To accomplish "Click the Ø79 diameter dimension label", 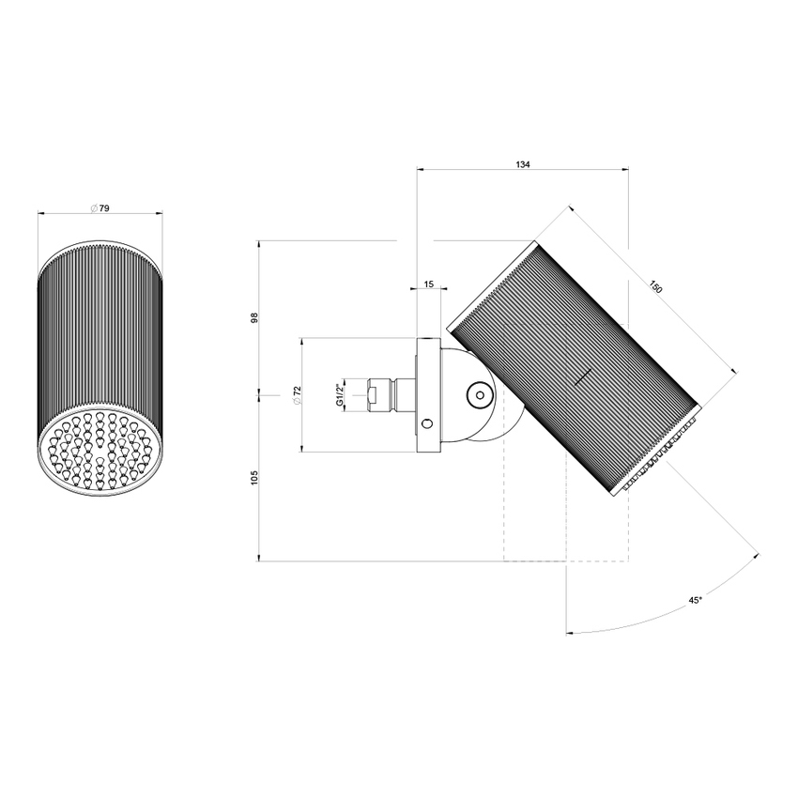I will click(x=100, y=208).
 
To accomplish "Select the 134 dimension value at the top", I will click(x=523, y=164).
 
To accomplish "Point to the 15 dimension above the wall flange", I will click(x=428, y=284).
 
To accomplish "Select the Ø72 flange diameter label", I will click(x=297, y=395).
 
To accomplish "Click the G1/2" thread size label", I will click(x=339, y=394).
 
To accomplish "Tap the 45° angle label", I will click(x=696, y=599).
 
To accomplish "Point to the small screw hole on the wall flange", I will click(x=428, y=424).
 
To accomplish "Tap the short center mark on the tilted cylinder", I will click(x=583, y=377).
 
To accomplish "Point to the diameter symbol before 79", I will click(x=94, y=208).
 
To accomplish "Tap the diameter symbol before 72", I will click(x=297, y=402).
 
